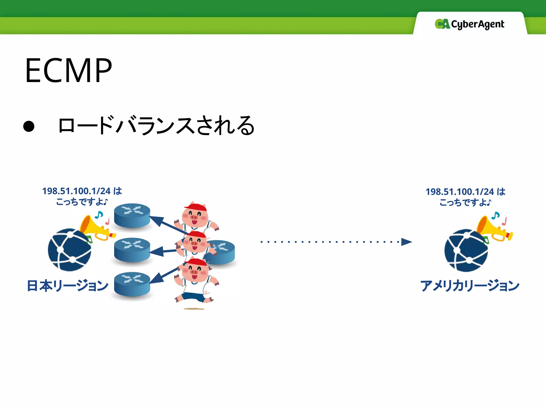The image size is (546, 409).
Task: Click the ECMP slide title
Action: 69,71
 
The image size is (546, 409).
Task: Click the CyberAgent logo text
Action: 477,24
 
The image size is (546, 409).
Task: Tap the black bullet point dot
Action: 29,126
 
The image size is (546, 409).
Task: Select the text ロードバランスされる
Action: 156,125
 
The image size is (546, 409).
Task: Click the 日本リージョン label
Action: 68,286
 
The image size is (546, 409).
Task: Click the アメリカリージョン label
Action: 470,286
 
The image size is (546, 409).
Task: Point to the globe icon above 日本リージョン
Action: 69,250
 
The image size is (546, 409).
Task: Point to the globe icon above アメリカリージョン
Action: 466,250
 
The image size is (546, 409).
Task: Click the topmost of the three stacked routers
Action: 132,215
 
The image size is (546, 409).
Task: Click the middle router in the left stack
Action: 132,250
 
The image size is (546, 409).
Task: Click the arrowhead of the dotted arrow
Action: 406,242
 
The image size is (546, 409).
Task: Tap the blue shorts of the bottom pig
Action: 193,297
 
